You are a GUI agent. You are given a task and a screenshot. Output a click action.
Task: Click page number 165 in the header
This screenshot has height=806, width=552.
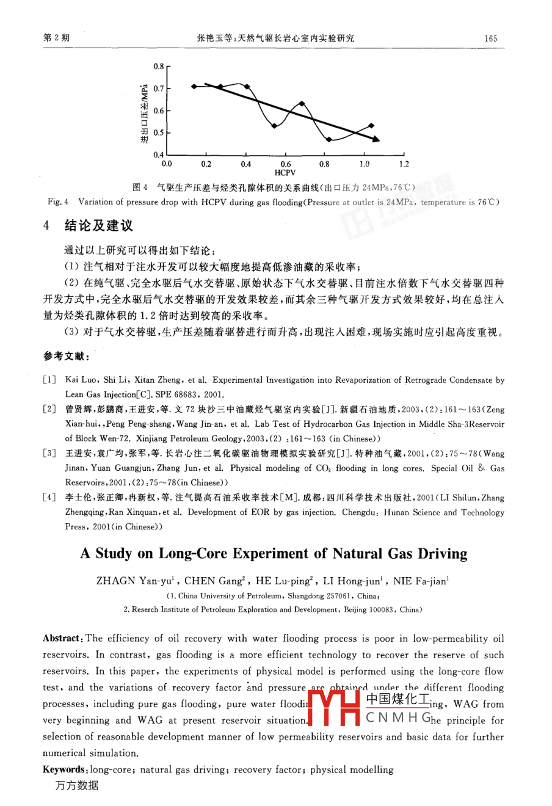[x=491, y=38]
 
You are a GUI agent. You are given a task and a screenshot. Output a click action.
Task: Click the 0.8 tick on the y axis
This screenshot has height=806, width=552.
[x=159, y=66]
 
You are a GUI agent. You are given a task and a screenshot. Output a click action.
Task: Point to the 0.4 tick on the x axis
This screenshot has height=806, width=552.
[x=245, y=164]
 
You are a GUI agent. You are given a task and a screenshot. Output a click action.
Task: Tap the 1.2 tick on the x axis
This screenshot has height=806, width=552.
[x=404, y=164]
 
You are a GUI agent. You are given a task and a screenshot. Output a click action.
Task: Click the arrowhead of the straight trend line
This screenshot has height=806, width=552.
[x=376, y=140]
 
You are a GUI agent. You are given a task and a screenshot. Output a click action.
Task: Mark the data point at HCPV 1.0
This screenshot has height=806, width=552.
[x=372, y=125]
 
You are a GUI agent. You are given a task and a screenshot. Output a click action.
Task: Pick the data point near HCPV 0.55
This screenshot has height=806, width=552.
[x=275, y=126]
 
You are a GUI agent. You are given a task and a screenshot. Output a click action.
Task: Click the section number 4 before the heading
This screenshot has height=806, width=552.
[x=46, y=226]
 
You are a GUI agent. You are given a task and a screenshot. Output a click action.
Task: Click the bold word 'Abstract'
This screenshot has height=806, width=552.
[x=62, y=639]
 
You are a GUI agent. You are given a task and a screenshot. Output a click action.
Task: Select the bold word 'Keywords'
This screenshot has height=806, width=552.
[x=65, y=769]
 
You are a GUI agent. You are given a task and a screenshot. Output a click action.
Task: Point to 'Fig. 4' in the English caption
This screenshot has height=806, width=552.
[x=58, y=202]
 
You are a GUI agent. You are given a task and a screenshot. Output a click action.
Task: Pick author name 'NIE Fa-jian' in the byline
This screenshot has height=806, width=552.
[x=420, y=581]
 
